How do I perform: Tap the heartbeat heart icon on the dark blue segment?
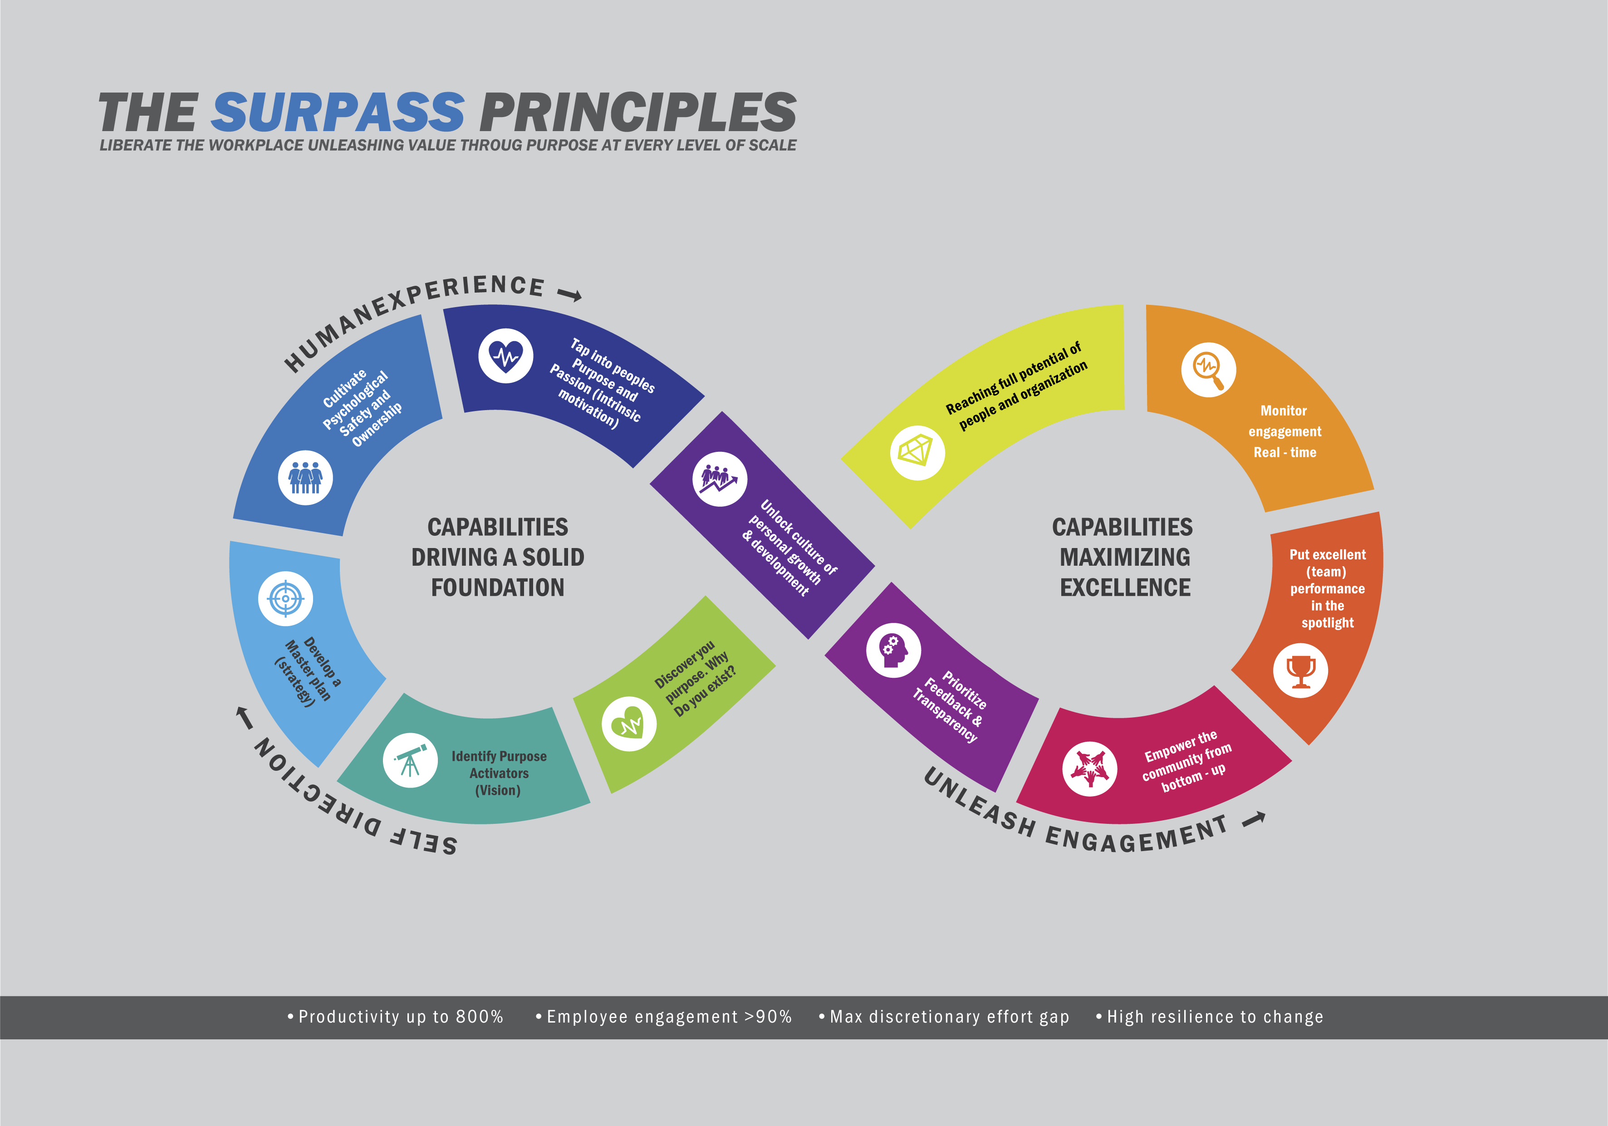click(x=505, y=356)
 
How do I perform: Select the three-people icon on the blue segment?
click(x=305, y=478)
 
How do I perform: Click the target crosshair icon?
click(x=285, y=599)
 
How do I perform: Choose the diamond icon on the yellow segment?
click(x=917, y=452)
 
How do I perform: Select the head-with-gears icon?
click(x=893, y=650)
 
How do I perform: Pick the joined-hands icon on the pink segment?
click(x=1089, y=768)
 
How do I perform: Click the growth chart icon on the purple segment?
click(x=719, y=479)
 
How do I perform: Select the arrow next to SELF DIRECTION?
click(x=244, y=717)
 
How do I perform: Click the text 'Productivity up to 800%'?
click(x=401, y=1017)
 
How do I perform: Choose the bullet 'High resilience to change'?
click(x=1215, y=1017)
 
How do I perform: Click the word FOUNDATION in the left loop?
click(x=497, y=587)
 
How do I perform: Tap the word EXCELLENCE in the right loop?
click(x=1125, y=587)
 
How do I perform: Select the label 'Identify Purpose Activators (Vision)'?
click(x=499, y=773)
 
